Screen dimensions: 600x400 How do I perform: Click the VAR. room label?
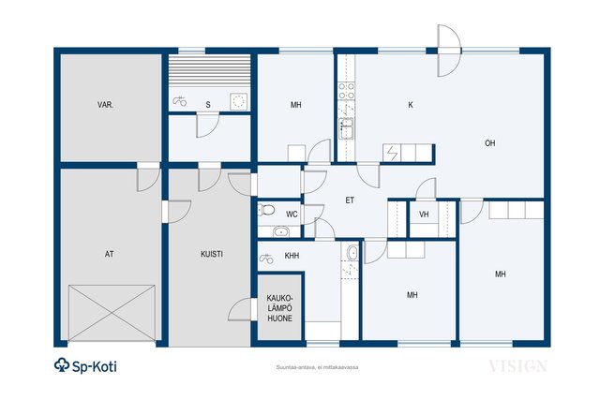click(105, 105)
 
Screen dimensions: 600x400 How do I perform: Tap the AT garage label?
click(110, 254)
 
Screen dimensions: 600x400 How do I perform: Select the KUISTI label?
click(212, 254)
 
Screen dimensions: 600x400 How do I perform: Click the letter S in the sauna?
click(208, 105)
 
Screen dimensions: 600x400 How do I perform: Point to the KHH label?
click(292, 256)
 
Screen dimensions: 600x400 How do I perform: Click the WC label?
click(292, 215)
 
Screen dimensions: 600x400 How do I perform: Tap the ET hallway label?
click(350, 200)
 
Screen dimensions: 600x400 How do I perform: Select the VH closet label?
click(424, 215)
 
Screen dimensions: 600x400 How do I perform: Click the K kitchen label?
click(411, 105)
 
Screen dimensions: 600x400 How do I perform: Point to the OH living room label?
click(489, 143)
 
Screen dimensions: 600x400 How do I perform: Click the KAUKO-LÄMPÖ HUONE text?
click(279, 308)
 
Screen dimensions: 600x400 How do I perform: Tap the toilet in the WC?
click(266, 210)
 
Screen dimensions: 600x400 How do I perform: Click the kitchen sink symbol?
click(346, 128)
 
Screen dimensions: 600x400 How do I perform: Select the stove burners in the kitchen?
click(346, 91)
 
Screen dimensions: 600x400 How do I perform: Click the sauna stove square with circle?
click(238, 101)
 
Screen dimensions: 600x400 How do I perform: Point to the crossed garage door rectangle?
click(112, 313)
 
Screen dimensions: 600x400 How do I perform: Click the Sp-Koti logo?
click(85, 365)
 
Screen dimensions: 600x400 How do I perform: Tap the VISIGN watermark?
click(517, 366)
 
